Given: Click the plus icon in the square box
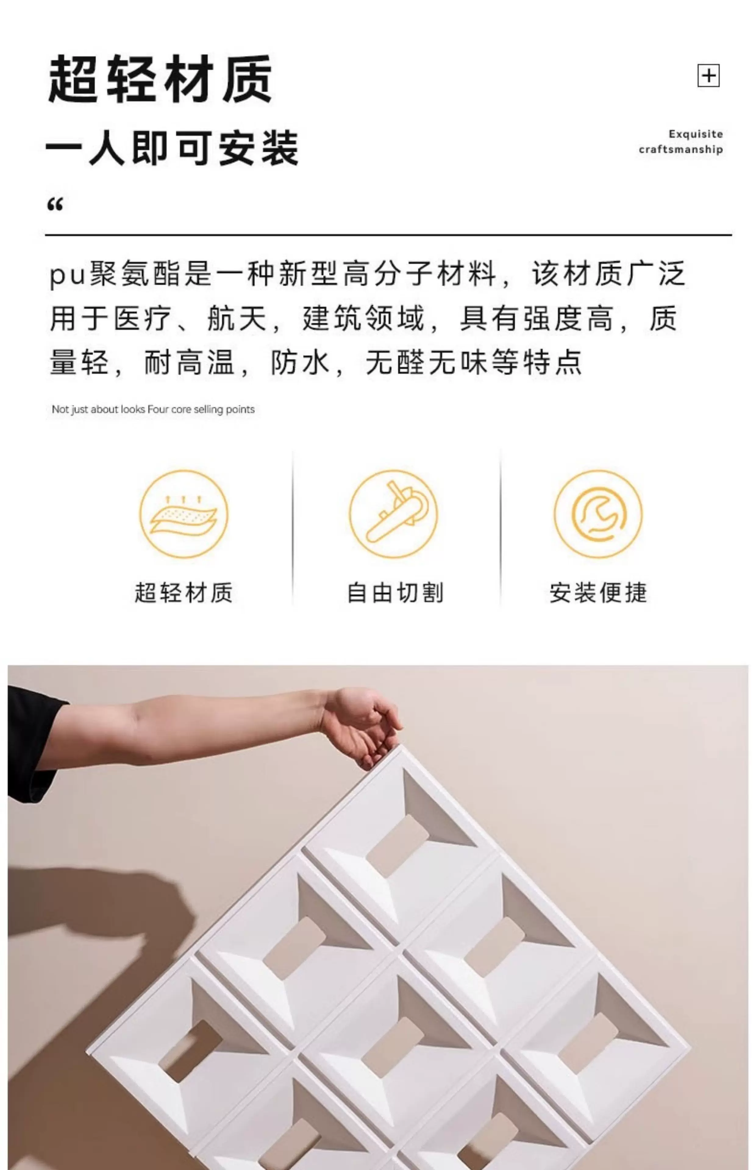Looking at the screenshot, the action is pyautogui.click(x=708, y=76).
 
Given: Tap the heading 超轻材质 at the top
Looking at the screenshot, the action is pyautogui.click(x=160, y=79).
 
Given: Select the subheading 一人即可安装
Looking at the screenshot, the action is pyautogui.click(x=172, y=148).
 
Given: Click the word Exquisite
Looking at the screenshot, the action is pyautogui.click(x=696, y=134).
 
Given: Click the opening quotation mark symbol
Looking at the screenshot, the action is pyautogui.click(x=55, y=204).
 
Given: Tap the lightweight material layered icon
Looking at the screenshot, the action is pyautogui.click(x=184, y=514).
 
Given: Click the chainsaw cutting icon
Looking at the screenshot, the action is pyautogui.click(x=393, y=514).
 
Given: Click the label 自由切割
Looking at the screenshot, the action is pyautogui.click(x=395, y=593).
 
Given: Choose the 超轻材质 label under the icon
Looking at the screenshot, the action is pyautogui.click(x=184, y=593).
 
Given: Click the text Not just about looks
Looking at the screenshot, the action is pyautogui.click(x=99, y=409).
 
